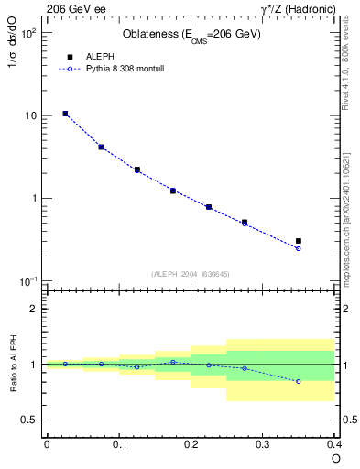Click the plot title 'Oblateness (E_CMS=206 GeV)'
(x=191, y=35)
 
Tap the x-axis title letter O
(x=335, y=458)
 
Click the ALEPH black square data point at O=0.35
(x=299, y=241)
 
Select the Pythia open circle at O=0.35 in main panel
(x=299, y=248)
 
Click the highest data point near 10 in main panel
(x=65, y=114)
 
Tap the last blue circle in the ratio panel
(x=299, y=381)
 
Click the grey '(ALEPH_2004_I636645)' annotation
(x=191, y=273)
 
